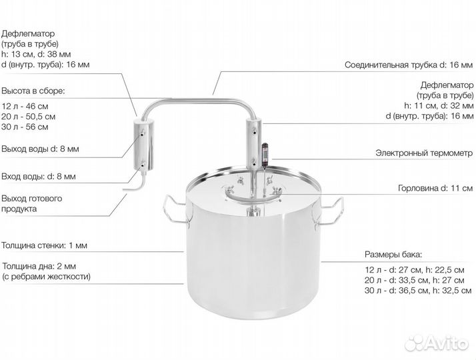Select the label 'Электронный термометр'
point(424,153)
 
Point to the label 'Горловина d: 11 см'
point(435,188)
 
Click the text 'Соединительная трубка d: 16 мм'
point(409,65)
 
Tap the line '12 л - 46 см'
point(25,106)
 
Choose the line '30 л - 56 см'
point(25,127)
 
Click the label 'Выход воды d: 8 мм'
point(40,149)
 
